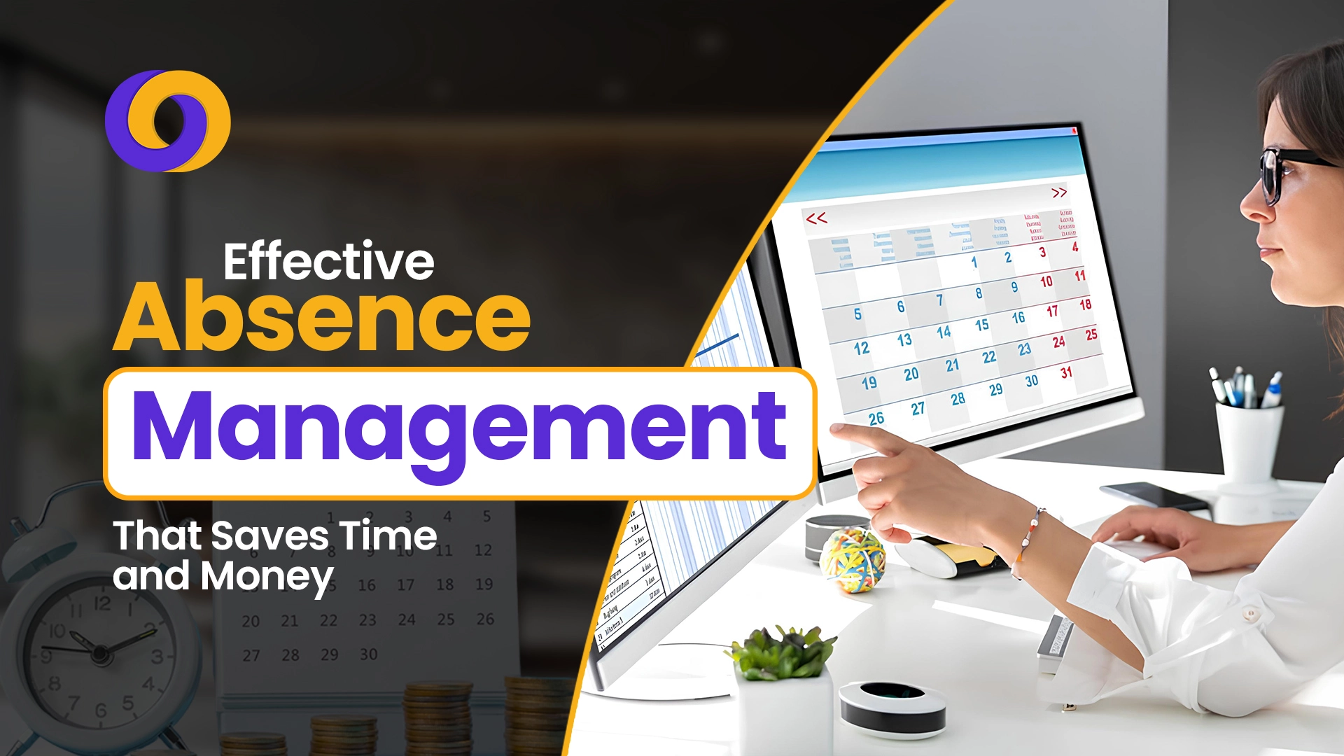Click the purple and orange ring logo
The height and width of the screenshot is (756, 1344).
(x=167, y=120)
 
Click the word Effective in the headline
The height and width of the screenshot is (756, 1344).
(x=329, y=262)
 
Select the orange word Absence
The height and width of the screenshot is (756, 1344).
(x=322, y=318)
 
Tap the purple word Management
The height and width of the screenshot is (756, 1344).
(x=459, y=428)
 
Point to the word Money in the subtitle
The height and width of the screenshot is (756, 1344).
(x=267, y=577)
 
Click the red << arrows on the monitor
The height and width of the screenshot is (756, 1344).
(x=816, y=218)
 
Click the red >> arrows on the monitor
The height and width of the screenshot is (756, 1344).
(x=1059, y=192)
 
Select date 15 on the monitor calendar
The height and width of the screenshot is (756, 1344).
(x=982, y=325)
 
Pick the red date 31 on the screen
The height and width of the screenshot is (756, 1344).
(x=1066, y=373)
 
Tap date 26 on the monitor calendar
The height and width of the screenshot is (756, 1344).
(x=876, y=419)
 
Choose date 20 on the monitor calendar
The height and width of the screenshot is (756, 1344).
(x=911, y=374)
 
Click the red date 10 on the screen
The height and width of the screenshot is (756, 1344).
(x=1046, y=281)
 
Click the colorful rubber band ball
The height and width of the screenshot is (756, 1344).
(x=852, y=560)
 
